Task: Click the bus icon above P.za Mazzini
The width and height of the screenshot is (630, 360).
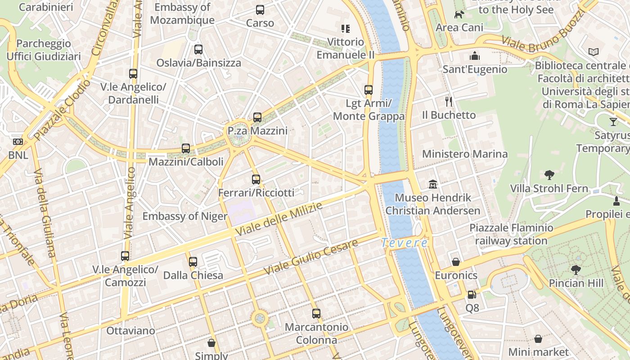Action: (x=257, y=117)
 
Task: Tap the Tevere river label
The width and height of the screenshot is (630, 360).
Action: (x=404, y=243)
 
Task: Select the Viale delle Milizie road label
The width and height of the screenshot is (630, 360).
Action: (x=279, y=220)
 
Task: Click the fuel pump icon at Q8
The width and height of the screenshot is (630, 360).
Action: (x=472, y=295)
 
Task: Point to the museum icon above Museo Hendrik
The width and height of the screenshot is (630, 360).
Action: (x=433, y=184)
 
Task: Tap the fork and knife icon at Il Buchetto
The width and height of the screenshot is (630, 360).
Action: (x=448, y=101)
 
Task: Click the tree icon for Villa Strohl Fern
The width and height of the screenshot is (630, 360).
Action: (x=549, y=175)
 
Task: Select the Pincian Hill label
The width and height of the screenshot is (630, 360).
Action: (x=576, y=283)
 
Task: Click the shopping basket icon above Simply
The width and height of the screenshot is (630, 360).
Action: (x=211, y=343)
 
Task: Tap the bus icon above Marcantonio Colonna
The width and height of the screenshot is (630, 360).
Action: (x=316, y=314)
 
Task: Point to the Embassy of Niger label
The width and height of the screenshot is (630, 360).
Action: (x=185, y=216)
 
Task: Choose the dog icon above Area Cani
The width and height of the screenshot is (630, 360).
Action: (x=459, y=14)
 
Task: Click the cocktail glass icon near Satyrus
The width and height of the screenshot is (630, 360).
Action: (x=613, y=121)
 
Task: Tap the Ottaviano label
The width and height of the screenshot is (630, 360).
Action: (x=130, y=331)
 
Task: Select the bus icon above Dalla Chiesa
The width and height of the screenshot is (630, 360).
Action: (x=193, y=261)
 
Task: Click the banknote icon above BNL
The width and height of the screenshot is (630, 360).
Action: (x=18, y=142)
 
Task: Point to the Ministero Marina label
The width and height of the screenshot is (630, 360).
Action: (x=464, y=154)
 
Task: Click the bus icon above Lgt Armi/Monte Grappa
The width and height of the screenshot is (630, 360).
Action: (x=369, y=90)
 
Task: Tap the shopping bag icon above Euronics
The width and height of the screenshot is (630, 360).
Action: (x=456, y=262)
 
